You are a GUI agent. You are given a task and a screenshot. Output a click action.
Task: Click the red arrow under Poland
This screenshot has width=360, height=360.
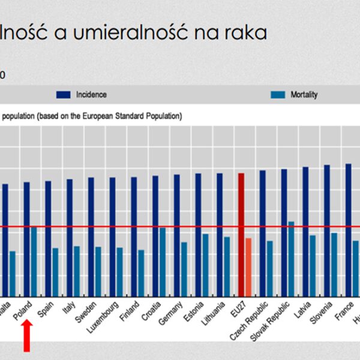point(26,336)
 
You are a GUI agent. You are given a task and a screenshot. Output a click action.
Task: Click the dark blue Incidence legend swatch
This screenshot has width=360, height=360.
point(64,95)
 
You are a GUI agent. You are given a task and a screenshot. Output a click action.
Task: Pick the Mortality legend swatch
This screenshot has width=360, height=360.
point(278,95)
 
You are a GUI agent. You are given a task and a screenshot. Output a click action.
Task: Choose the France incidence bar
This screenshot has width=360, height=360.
point(348,227)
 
